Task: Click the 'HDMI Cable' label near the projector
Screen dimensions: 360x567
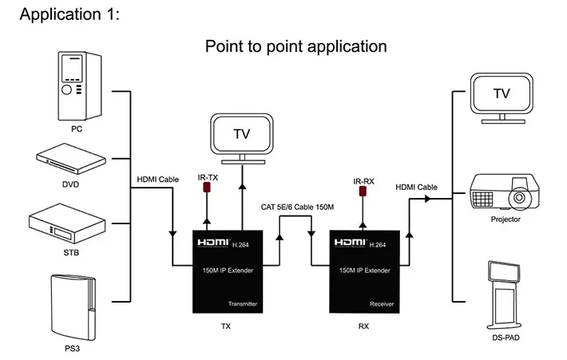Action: [x=417, y=187]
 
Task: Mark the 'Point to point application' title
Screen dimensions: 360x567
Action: [x=296, y=46]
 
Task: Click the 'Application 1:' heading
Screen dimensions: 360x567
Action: [x=62, y=14]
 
